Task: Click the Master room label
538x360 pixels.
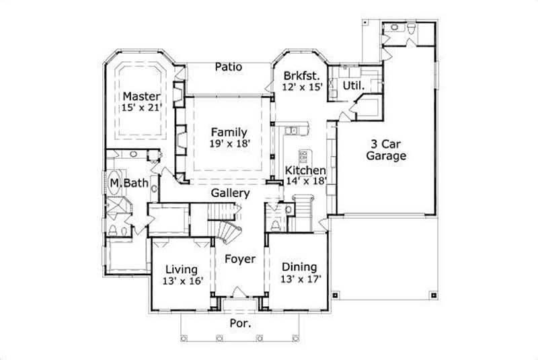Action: (x=141, y=96)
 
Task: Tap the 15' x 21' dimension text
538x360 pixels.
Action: (x=141, y=108)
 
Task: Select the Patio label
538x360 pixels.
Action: (x=229, y=67)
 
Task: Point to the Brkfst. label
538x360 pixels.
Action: (x=300, y=75)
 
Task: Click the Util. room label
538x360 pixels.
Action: (x=353, y=86)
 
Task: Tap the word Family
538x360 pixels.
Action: (x=229, y=132)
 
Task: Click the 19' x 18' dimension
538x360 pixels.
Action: (x=229, y=144)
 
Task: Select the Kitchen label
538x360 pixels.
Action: (x=305, y=171)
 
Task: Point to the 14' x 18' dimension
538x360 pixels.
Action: (x=305, y=182)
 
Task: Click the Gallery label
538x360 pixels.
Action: (x=230, y=193)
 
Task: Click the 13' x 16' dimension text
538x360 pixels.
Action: (x=182, y=281)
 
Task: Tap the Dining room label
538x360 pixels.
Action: (x=299, y=266)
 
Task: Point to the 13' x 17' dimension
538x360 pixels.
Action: (x=301, y=279)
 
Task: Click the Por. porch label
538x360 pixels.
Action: (x=241, y=323)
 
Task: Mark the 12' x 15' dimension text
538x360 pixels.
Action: (x=303, y=87)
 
